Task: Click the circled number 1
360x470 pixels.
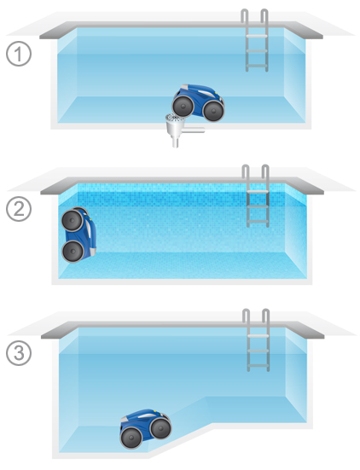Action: click(19, 55)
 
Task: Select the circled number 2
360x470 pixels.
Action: click(19, 209)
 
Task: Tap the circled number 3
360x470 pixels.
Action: click(19, 353)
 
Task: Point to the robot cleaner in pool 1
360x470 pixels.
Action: click(198, 102)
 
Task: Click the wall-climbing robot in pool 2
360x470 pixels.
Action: click(78, 235)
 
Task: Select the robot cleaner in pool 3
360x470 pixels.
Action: click(145, 429)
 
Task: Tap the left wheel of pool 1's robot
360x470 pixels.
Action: click(183, 106)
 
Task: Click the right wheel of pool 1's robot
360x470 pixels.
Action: click(213, 111)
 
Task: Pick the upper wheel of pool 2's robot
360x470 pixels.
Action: click(73, 220)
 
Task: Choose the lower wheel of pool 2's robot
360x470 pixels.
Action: click(73, 252)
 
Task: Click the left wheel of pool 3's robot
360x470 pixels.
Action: click(131, 438)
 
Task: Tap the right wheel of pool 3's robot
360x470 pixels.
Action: click(160, 427)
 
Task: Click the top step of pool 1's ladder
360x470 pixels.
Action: click(257, 36)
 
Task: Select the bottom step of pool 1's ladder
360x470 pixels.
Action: click(257, 66)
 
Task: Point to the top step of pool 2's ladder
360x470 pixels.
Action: click(258, 192)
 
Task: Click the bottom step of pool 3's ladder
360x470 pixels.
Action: click(258, 366)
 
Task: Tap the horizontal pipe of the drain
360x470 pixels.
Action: click(194, 130)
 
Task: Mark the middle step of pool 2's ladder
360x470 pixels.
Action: click(258, 206)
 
